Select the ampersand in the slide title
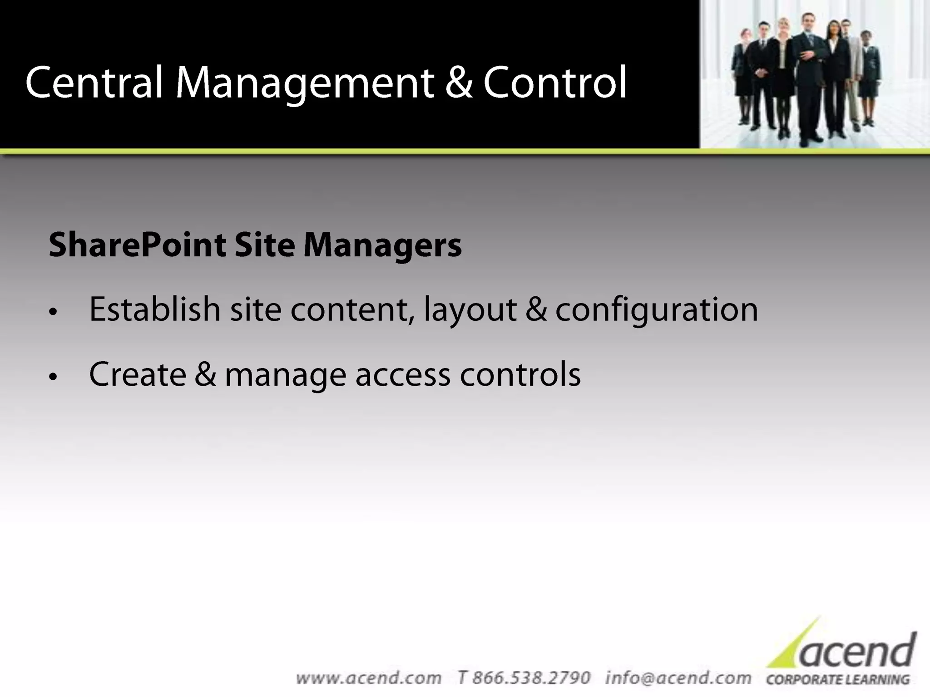459,83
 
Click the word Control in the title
555,83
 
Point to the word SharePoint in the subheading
137,245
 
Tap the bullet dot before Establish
54,312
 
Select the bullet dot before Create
54,377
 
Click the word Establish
155,310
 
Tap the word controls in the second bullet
520,375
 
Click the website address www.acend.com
368,678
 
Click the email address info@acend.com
678,678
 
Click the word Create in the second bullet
138,375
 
